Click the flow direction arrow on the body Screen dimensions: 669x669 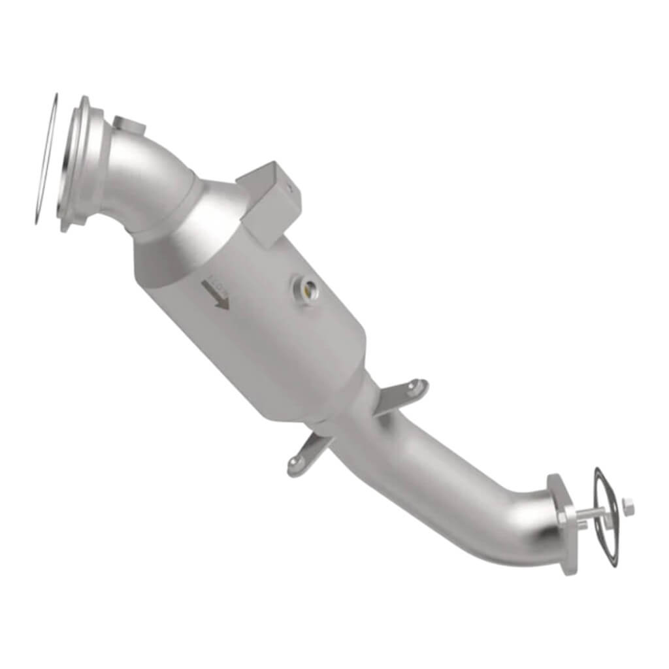(x=218, y=293)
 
